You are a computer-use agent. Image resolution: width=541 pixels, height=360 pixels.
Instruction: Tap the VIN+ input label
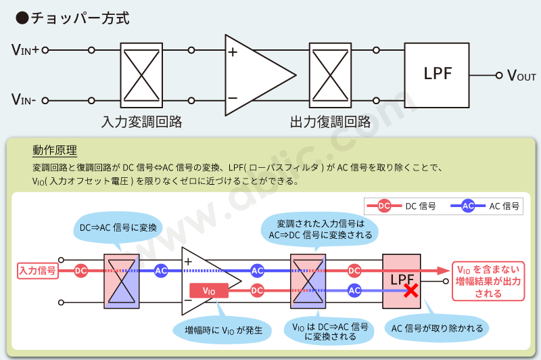pyautogui.click(x=26, y=50)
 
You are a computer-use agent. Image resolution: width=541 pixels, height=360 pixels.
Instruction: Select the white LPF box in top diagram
pyautogui.click(x=438, y=74)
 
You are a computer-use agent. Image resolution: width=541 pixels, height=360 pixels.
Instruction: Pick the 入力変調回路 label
pyautogui.click(x=141, y=122)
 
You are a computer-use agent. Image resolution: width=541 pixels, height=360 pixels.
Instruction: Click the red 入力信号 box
pyautogui.click(x=37, y=270)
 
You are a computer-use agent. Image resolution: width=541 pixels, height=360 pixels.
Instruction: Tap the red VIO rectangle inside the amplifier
pyautogui.click(x=209, y=290)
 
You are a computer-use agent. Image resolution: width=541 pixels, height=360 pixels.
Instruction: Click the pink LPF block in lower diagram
pyautogui.click(x=401, y=277)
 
